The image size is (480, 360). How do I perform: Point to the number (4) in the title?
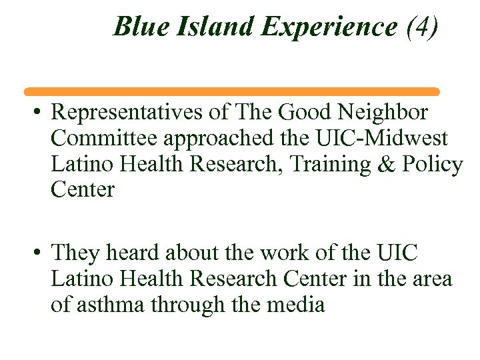tap(422, 27)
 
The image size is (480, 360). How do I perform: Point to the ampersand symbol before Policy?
tap(386, 165)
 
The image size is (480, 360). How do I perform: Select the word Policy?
tap(432, 165)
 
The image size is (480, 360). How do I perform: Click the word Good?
tap(306, 113)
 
